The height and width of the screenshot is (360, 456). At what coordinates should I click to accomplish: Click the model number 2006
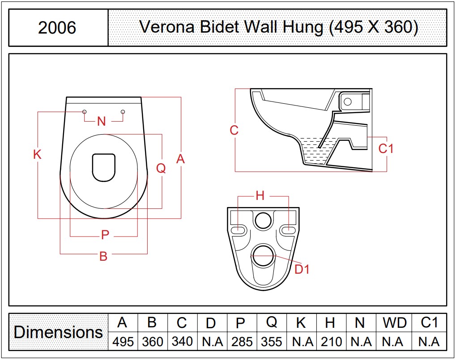[57, 28]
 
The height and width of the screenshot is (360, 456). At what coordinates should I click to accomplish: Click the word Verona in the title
[167, 27]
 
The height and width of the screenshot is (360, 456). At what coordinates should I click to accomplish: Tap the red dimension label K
[37, 154]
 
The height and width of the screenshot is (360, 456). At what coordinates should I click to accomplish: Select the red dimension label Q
[161, 168]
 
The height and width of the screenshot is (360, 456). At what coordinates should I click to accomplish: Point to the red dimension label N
[101, 121]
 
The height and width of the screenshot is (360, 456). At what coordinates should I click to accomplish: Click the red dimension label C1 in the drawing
[386, 148]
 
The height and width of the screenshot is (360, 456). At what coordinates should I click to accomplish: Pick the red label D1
[302, 269]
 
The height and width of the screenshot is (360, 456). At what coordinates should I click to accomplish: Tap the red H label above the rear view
[260, 196]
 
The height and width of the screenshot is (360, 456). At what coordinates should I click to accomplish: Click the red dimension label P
[105, 235]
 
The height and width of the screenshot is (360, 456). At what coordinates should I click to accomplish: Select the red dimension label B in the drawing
[103, 256]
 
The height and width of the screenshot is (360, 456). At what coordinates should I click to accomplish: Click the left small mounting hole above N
[84, 112]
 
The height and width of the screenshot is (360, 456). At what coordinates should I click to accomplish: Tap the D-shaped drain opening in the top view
[103, 168]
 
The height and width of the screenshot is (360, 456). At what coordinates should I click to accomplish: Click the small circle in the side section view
[348, 102]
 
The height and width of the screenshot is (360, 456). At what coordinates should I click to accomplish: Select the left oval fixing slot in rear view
[239, 230]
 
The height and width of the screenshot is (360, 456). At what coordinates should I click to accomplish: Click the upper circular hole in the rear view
[263, 220]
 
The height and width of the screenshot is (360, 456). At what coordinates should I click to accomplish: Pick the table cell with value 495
[123, 341]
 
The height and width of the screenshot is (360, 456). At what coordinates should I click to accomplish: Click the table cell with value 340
[182, 341]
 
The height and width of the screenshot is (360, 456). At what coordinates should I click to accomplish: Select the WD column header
[394, 323]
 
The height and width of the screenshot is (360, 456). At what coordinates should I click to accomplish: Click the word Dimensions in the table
[58, 332]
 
